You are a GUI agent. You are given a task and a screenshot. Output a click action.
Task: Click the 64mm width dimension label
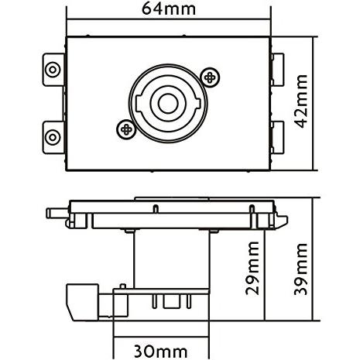coord(168,10)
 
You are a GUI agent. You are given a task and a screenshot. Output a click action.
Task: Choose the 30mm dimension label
coord(162,350)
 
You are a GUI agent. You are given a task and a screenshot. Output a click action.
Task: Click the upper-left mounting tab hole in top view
coord(52,67)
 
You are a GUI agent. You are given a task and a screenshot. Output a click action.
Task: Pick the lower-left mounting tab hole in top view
coord(52,137)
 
